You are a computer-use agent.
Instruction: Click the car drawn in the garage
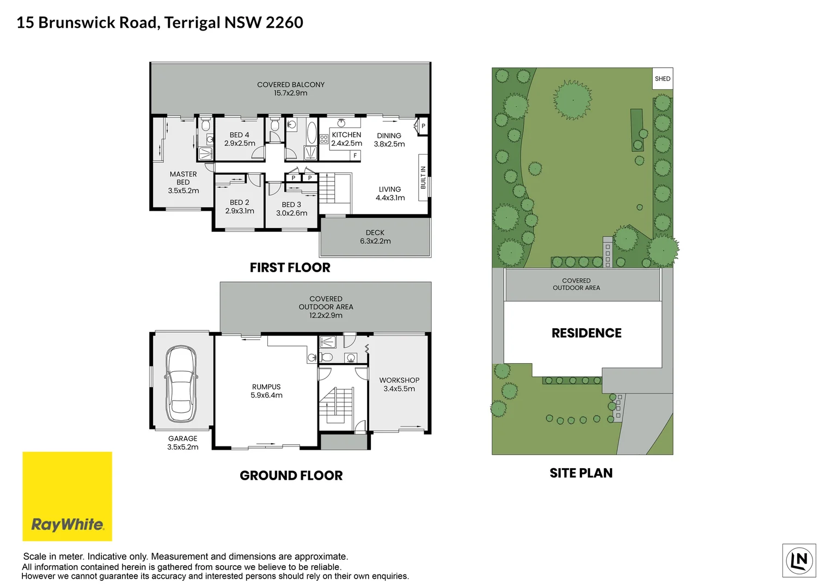tap(181, 384)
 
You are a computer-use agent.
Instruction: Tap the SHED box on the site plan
tap(663, 78)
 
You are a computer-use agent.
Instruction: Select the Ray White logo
tap(67, 497)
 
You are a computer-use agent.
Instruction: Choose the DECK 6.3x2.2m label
tap(375, 237)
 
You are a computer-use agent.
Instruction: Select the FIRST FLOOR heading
tap(290, 267)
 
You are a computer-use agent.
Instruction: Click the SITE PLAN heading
tap(581, 473)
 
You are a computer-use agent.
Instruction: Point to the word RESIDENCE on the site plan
tap(586, 333)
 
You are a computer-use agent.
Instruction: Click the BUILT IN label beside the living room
tap(423, 177)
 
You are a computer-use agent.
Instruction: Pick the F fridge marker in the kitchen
tap(355, 156)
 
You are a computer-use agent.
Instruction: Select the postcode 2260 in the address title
tap(285, 22)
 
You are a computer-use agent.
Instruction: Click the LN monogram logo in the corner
tap(799, 560)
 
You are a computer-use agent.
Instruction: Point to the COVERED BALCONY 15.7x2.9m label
tap(291, 89)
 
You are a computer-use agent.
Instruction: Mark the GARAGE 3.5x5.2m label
tap(183, 443)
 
